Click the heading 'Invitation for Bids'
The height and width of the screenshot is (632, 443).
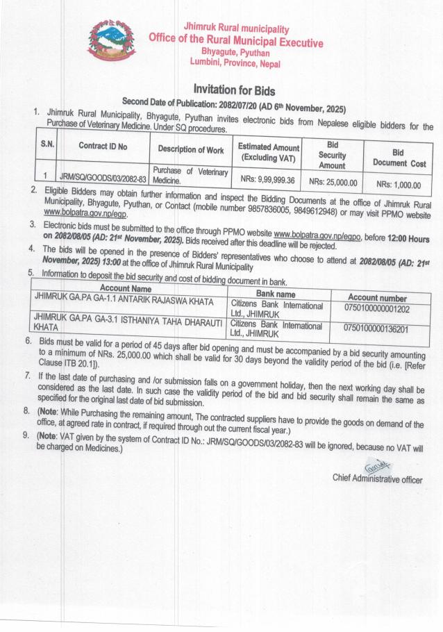pyautogui.click(x=235, y=90)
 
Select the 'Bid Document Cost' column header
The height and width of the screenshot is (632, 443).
pyautogui.click(x=398, y=157)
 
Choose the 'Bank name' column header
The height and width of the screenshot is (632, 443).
pyautogui.click(x=276, y=294)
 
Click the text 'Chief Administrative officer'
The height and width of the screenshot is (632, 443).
pyautogui.click(x=377, y=479)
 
